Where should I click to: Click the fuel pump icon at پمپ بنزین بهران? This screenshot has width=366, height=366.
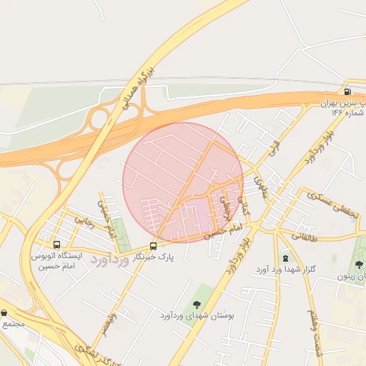[x=347, y=91]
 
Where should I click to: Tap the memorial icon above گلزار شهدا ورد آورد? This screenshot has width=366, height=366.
[x=285, y=258]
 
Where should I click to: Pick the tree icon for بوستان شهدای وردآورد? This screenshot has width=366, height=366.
[x=197, y=305]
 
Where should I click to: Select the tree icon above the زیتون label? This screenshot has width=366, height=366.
[x=359, y=264]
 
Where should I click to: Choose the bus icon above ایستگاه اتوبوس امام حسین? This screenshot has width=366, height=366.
[x=56, y=243]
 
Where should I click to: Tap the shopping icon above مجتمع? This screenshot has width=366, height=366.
[x=5, y=312]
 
